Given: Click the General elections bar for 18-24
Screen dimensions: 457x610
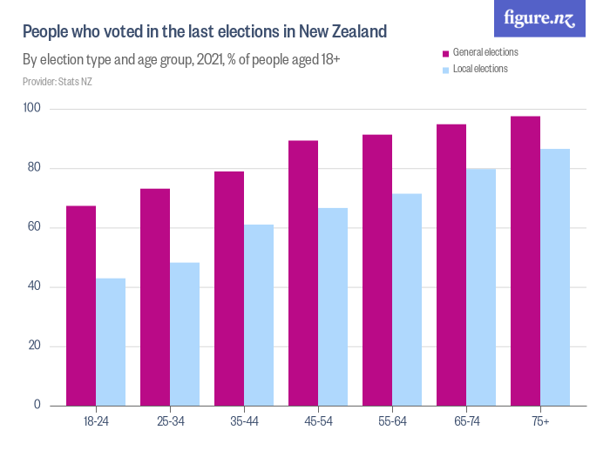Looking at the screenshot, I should (81, 306).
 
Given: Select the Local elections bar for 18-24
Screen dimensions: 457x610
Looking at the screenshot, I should (111, 342).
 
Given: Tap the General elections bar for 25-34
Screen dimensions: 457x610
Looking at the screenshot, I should (155, 297).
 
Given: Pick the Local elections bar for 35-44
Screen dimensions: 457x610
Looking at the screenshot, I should (259, 315).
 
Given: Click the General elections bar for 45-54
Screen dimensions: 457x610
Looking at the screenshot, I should (303, 273).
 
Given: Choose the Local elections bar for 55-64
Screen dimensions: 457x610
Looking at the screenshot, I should (407, 299).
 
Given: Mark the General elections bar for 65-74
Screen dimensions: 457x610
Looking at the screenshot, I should (451, 265).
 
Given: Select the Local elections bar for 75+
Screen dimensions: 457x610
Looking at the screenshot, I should (555, 277).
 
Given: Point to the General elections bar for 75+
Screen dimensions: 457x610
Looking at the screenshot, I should (525, 261).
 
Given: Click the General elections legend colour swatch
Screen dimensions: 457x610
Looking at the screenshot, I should (445, 53).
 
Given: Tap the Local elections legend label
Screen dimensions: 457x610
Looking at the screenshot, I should (480, 69).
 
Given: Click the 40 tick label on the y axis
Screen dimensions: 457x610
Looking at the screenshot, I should (36, 287).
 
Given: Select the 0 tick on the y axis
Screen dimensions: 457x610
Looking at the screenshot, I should (39, 406).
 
